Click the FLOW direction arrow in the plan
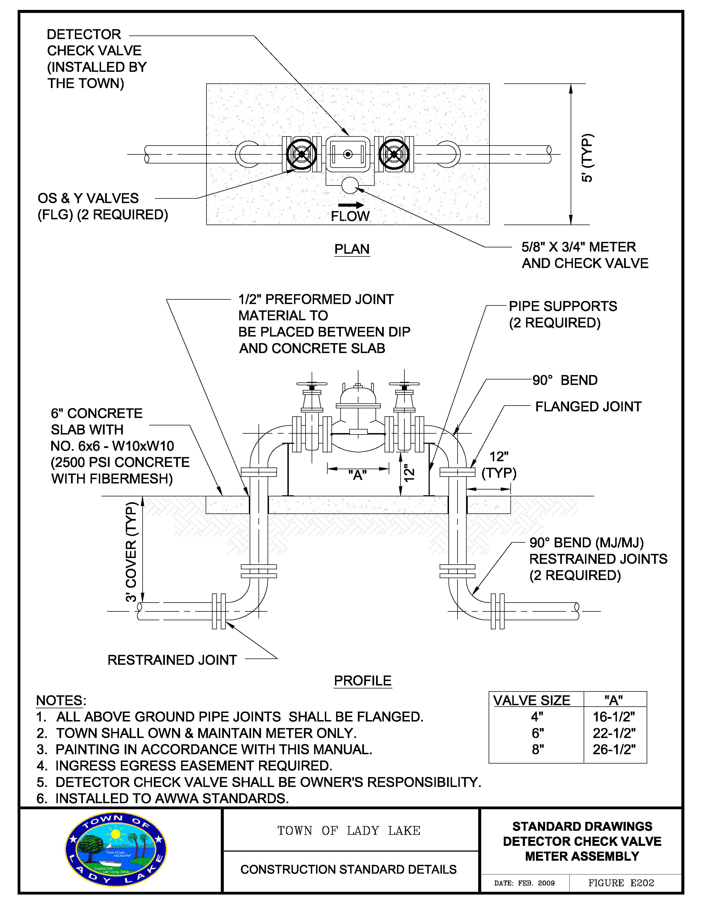click(x=351, y=205)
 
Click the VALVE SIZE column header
click(x=532, y=700)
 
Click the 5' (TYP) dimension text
click(x=587, y=158)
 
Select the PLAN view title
click(x=352, y=249)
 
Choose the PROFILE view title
click(x=362, y=680)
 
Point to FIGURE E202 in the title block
click(x=621, y=883)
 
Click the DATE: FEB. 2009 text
click(x=524, y=883)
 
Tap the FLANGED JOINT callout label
click(x=588, y=406)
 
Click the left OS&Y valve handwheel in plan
click(x=301, y=154)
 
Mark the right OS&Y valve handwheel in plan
click(x=394, y=154)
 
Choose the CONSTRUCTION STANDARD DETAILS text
click(x=348, y=869)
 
